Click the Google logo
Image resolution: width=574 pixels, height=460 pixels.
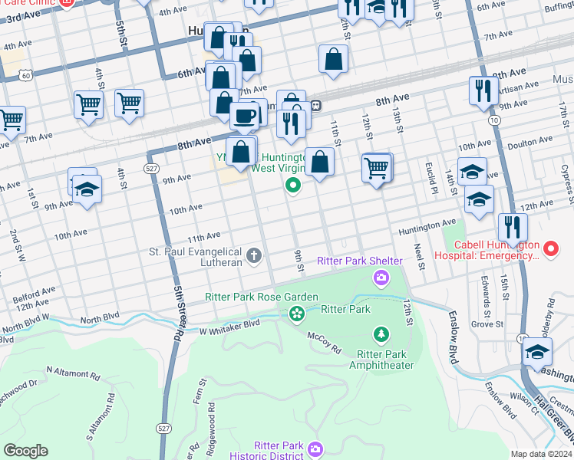tap(25, 451)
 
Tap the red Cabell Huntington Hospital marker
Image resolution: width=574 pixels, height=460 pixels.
tap(549, 248)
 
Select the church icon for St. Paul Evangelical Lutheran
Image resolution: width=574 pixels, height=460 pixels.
tap(254, 255)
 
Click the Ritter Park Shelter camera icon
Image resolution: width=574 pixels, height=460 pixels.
tap(380, 277)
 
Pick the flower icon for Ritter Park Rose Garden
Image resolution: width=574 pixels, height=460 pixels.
tap(296, 313)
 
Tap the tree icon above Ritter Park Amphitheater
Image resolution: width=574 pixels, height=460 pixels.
tap(381, 334)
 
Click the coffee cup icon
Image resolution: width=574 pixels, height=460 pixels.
tap(245, 117)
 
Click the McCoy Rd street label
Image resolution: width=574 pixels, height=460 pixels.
tap(324, 343)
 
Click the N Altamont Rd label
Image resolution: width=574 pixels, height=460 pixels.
tap(73, 373)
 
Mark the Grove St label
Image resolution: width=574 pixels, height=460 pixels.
tap(487, 324)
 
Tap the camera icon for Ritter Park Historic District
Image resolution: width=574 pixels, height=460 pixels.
tap(315, 449)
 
